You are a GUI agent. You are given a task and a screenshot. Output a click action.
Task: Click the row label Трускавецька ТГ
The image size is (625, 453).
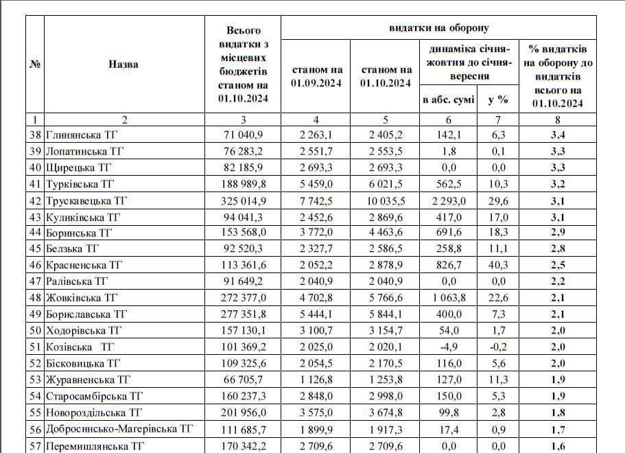pyautogui.click(x=87, y=201)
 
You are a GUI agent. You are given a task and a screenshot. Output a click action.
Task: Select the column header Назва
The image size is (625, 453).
pyautogui.click(x=123, y=64)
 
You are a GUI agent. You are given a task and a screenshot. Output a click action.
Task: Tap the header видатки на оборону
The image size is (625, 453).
pyautogui.click(x=438, y=28)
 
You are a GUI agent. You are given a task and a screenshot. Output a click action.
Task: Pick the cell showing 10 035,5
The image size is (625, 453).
pyautogui.click(x=386, y=201)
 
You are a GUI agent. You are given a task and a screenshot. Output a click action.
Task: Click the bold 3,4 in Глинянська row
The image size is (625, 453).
pyautogui.click(x=557, y=135)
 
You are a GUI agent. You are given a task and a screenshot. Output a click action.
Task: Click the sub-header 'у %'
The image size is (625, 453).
pyautogui.click(x=498, y=100)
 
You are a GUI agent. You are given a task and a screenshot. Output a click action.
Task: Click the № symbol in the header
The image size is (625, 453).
pyautogui.click(x=35, y=64)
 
